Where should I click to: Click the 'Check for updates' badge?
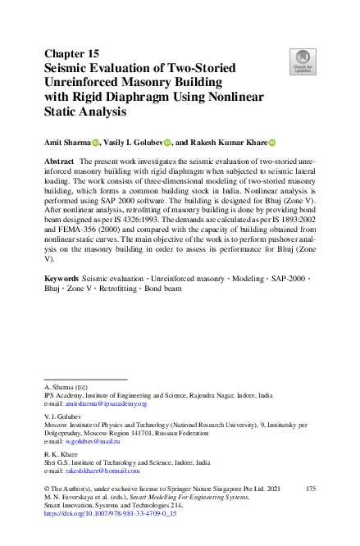[304, 61]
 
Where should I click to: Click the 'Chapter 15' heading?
[72, 54]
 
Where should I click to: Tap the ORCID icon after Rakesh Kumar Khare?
[272, 142]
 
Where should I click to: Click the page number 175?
[310, 489]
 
